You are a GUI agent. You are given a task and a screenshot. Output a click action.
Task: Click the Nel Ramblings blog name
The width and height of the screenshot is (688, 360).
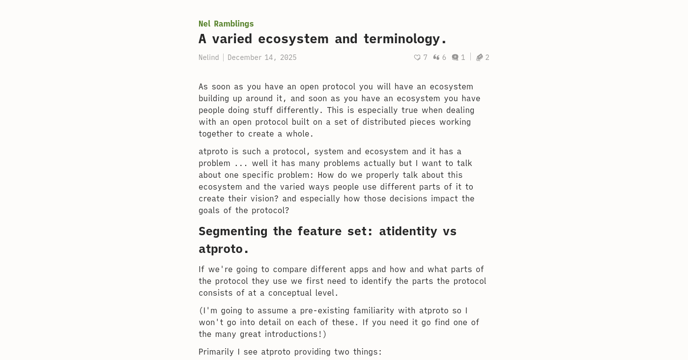coord(226,24)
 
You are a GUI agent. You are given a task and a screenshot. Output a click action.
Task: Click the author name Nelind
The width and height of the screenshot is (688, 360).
coord(208,57)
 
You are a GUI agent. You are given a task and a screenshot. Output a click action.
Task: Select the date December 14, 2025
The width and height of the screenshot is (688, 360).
coord(262,57)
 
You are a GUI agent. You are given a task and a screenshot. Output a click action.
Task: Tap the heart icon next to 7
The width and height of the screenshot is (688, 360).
coord(417,57)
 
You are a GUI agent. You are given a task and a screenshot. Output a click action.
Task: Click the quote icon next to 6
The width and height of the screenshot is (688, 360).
coord(436,57)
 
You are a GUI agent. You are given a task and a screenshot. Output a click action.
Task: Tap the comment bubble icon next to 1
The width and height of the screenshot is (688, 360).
coord(455,57)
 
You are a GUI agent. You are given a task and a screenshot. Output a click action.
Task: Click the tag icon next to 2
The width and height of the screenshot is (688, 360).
coord(479,57)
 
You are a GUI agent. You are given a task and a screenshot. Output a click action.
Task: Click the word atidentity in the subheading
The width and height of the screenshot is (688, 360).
coord(408,231)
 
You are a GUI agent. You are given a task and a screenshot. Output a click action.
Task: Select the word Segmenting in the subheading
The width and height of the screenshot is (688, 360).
coord(233,231)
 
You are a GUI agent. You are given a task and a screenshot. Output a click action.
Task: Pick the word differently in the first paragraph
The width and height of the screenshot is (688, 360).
coord(297,110)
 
